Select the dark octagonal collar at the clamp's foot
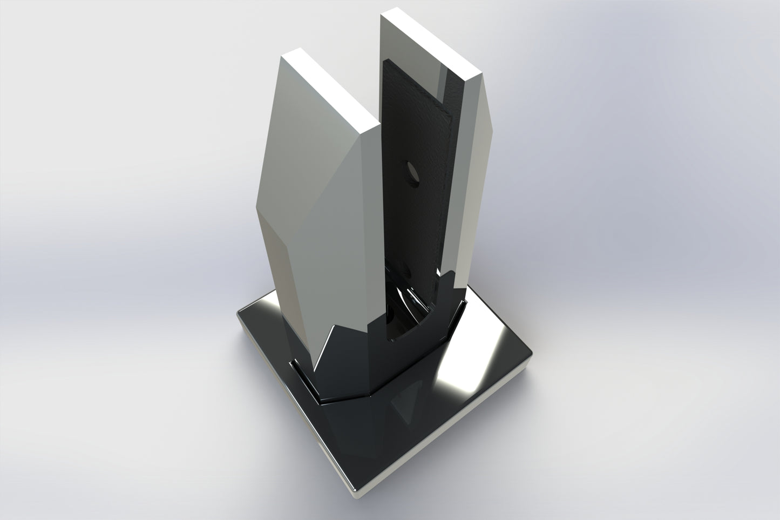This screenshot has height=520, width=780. pos(356,373)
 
